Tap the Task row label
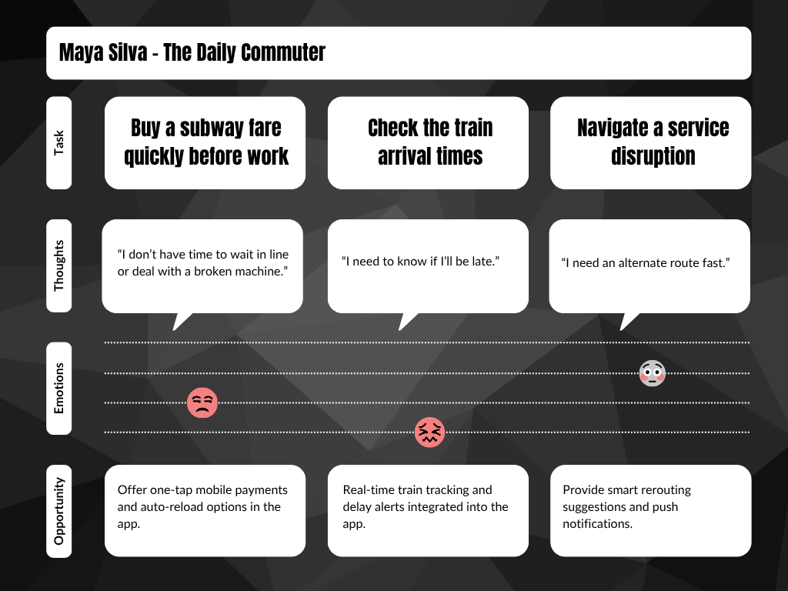click(59, 142)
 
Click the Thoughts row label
click(59, 265)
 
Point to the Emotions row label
click(59, 389)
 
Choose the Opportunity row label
click(59, 511)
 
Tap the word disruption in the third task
click(653, 156)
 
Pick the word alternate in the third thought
click(629, 263)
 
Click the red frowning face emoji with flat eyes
click(202, 402)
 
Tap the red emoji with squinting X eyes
click(429, 432)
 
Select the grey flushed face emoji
click(652, 373)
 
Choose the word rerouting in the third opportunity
click(662, 490)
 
